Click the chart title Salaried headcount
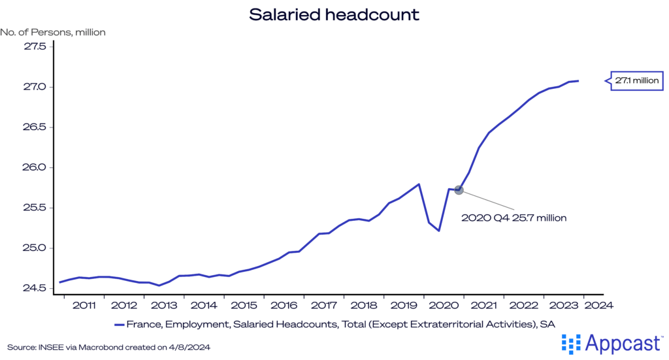point(334,14)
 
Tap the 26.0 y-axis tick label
point(33,167)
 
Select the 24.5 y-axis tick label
point(33,288)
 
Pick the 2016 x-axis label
point(284,304)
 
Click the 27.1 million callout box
point(638,81)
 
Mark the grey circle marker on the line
point(459,189)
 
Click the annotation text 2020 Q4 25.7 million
point(514,218)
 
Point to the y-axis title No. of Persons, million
point(53,31)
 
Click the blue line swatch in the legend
point(119,324)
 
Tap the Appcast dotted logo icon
point(571,344)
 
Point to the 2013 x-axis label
point(164,304)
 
